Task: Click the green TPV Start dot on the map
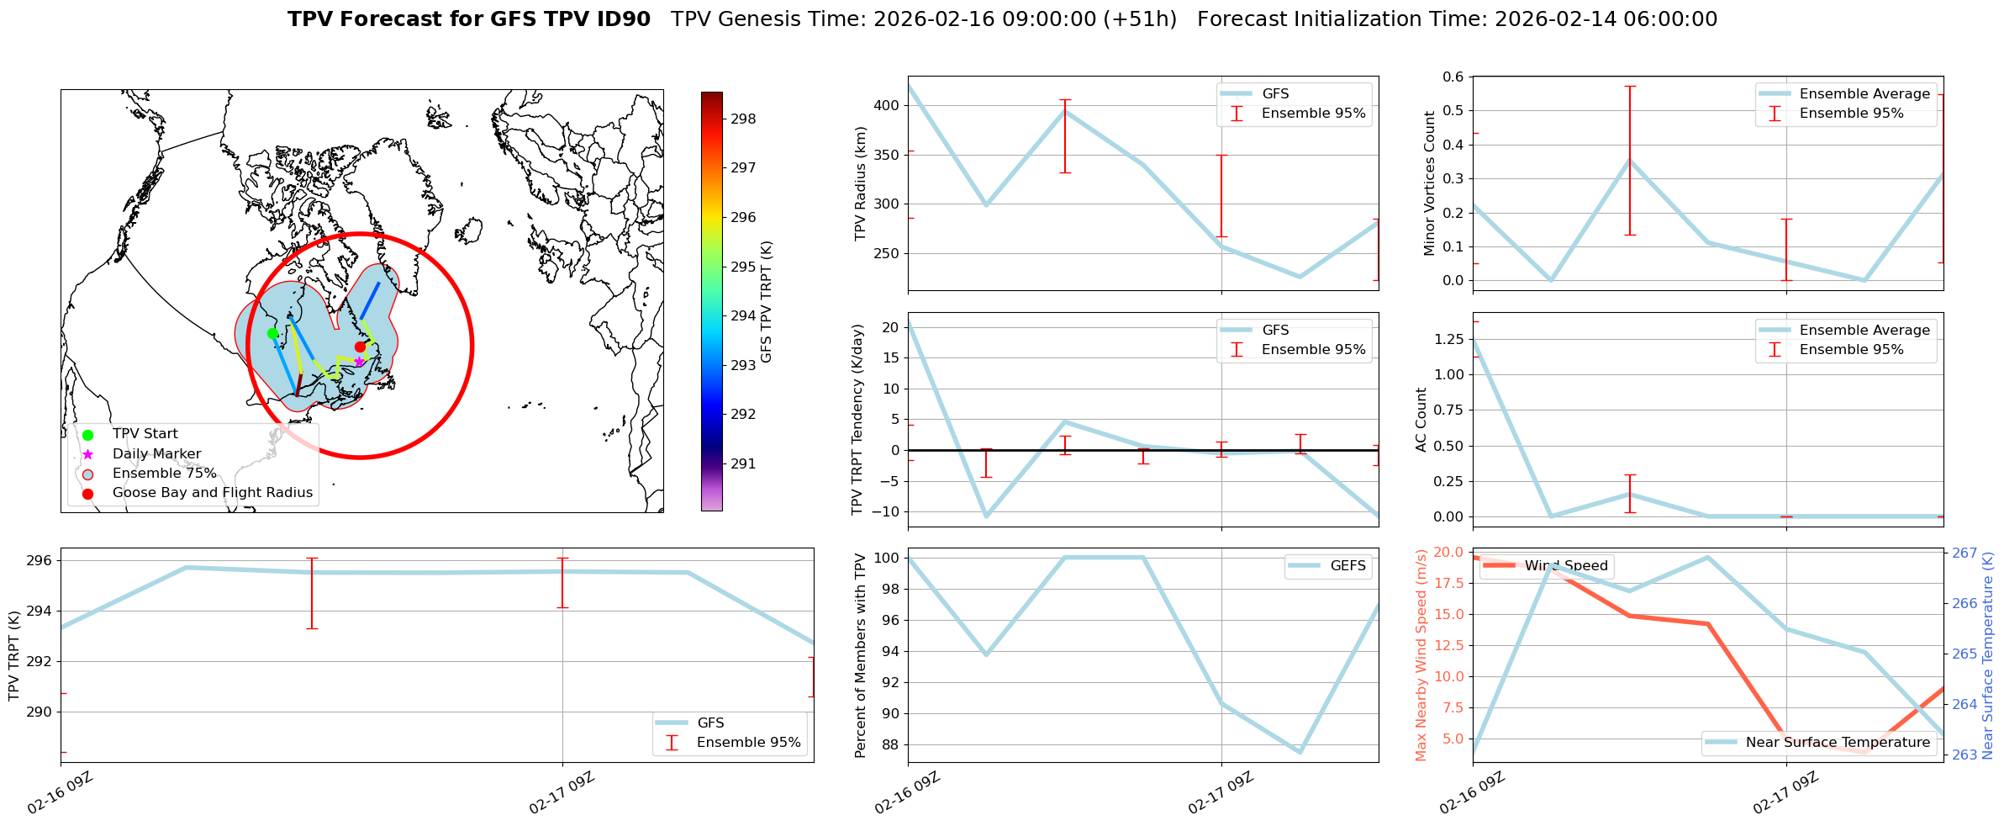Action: (x=272, y=333)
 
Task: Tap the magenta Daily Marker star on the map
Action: (x=359, y=362)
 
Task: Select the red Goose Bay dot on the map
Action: (x=360, y=347)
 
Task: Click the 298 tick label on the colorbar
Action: (x=743, y=119)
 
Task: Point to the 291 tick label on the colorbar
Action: (x=743, y=463)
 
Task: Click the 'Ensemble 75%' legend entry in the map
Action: (x=164, y=474)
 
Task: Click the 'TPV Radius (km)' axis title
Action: (x=860, y=183)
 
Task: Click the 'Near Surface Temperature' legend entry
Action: (x=1837, y=743)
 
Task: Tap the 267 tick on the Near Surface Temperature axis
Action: (x=1964, y=553)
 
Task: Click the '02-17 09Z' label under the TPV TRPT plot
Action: (x=562, y=793)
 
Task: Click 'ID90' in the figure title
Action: (x=623, y=19)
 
